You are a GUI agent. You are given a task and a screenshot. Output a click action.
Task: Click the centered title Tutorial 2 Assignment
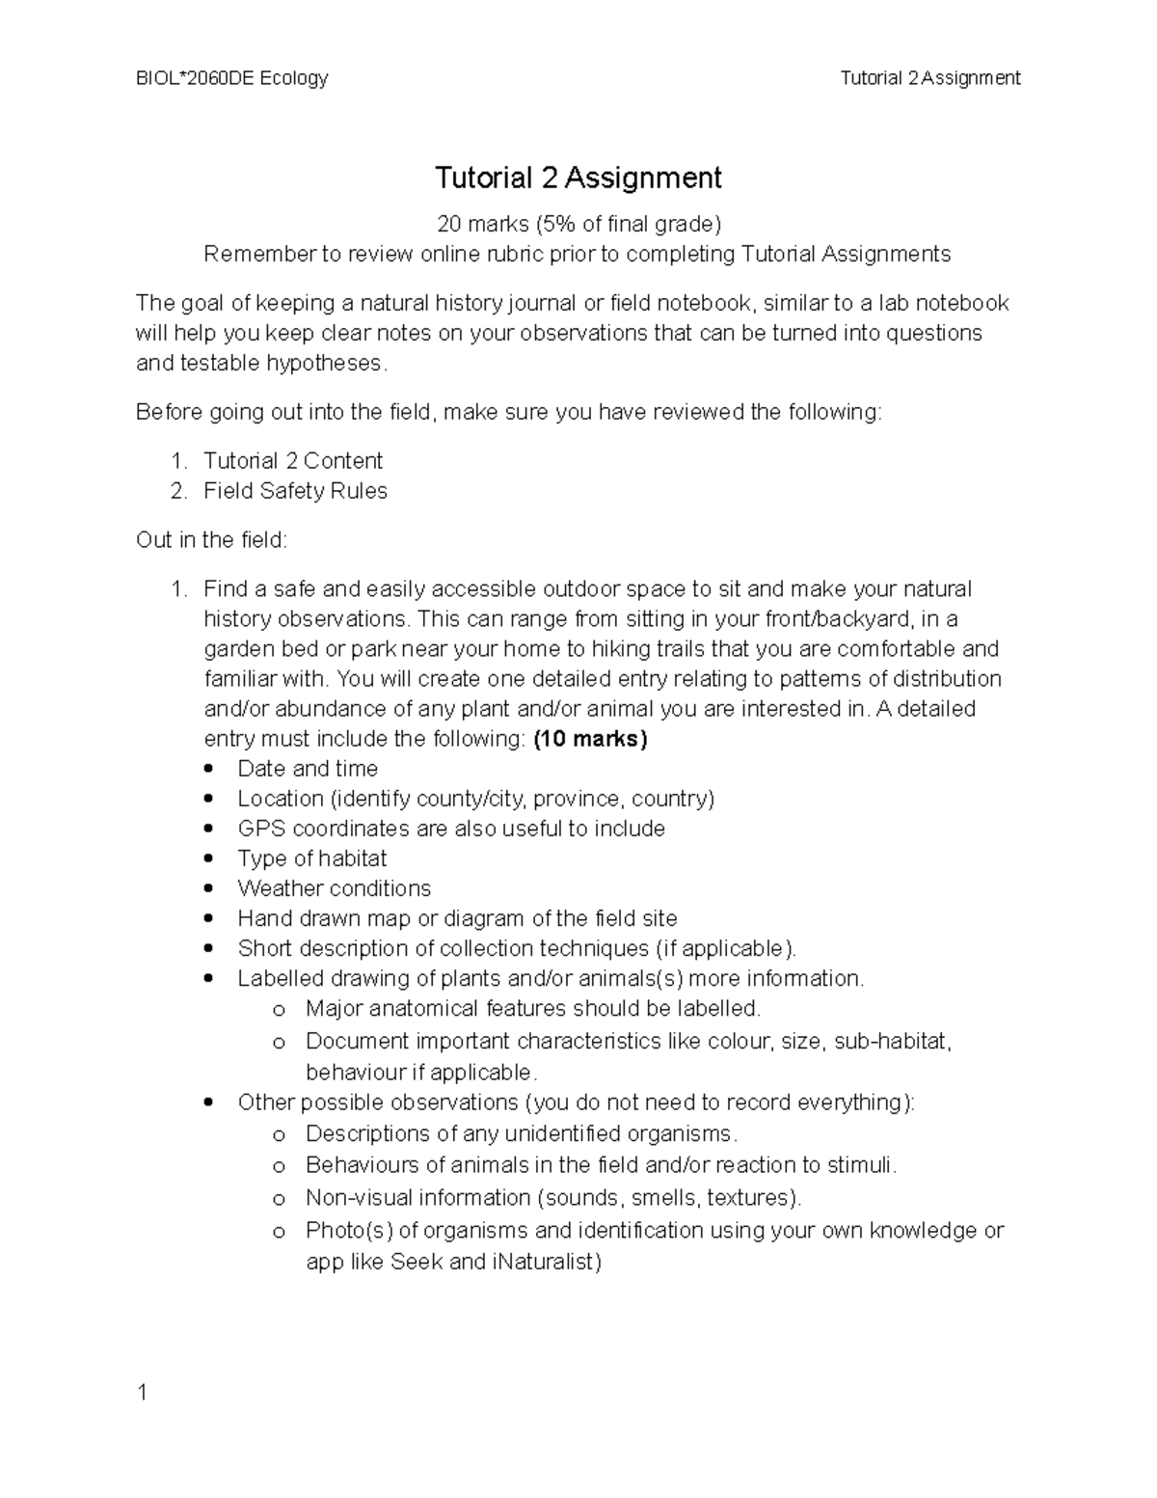578,177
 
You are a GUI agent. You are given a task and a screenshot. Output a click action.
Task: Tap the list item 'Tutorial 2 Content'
292,461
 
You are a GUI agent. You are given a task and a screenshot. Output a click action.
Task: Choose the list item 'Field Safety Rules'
295,491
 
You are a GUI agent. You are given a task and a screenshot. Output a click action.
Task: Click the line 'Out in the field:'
211,540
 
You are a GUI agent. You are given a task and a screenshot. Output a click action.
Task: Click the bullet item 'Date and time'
308,769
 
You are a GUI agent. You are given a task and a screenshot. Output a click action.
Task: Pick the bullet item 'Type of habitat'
312,858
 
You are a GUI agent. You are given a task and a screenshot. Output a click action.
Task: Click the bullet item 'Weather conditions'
334,888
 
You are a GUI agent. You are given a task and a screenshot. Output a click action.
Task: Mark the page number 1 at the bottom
142,1393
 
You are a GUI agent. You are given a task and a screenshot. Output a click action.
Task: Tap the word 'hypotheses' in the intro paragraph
325,364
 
